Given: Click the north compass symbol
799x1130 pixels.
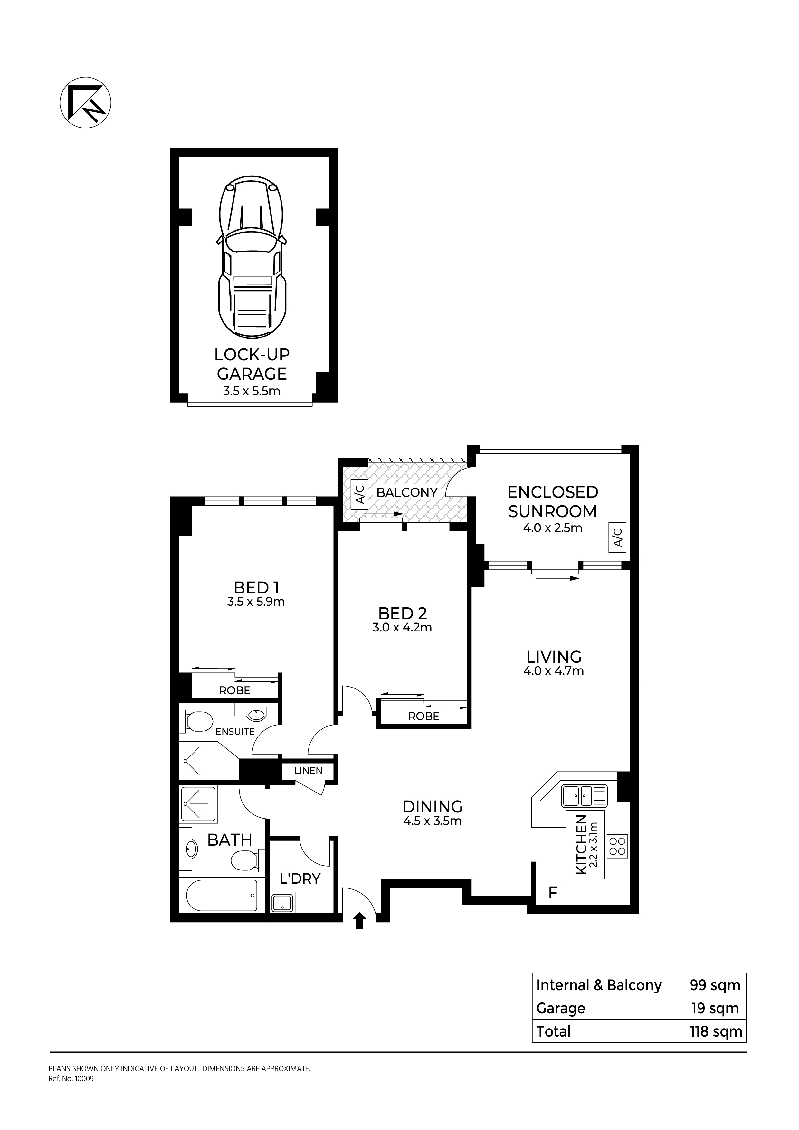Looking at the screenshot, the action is point(86,103).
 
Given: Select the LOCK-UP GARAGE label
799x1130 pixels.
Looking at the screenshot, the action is point(252,364).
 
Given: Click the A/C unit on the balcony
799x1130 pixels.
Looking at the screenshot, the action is point(360,495).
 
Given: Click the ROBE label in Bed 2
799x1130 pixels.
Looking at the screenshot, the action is point(424,716).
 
